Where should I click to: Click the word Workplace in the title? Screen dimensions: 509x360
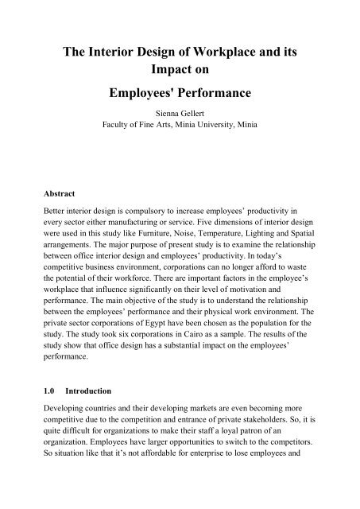click(x=226, y=54)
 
